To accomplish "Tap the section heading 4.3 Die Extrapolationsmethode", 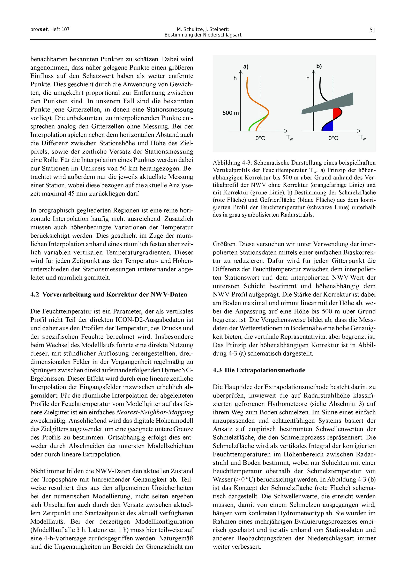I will tap(259, 370).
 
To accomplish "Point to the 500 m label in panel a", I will tap(230, 113).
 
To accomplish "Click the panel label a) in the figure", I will tap(246, 67).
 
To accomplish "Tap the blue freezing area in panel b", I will tap(328, 126).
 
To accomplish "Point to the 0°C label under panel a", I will tap(260, 138).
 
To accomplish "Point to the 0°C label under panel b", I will tap(333, 138).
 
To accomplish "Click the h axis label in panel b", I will tap(308, 78).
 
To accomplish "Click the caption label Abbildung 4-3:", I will tap(233, 162).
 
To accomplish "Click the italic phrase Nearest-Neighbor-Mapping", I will tap(154, 412).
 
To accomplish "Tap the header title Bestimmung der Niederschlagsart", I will tap(203, 35).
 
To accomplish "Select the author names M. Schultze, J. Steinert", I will tap(203, 29).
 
